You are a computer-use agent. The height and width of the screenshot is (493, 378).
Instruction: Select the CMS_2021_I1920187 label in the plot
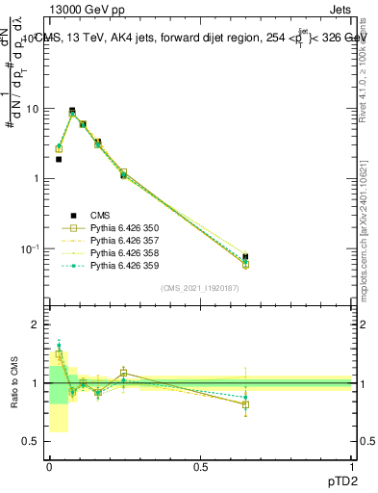coord(199,288)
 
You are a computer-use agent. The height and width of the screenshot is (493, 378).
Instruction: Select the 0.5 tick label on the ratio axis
coord(32,441)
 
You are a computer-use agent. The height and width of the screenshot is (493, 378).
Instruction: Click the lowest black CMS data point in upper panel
coord(59,160)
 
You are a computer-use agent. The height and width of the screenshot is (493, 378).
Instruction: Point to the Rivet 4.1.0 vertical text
coord(369,72)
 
